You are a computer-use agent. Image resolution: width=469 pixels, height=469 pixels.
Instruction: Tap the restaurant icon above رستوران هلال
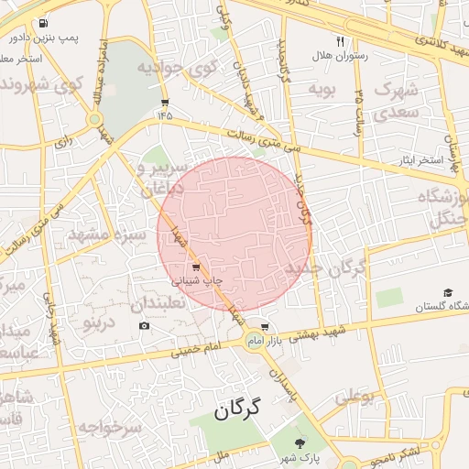point(341,41)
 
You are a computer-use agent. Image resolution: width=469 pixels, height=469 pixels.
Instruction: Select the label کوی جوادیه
point(181,67)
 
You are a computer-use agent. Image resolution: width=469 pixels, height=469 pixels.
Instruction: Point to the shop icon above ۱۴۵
point(165,103)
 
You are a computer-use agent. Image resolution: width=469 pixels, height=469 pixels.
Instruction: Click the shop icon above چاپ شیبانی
point(195,267)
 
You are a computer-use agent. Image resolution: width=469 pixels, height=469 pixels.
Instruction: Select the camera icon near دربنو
point(145,326)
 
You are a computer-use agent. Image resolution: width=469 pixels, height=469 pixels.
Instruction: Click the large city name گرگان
point(237,409)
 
